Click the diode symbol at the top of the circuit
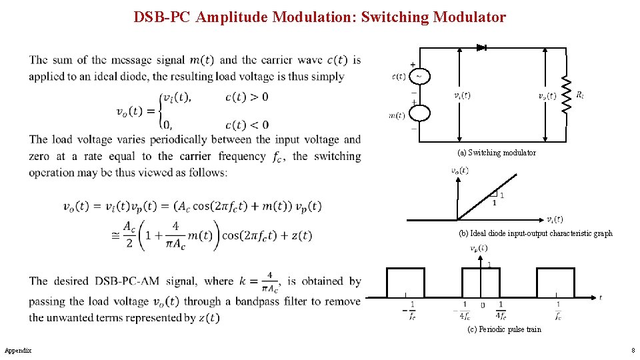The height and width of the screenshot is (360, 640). [x=481, y=48]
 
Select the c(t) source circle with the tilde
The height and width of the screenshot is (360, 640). [x=419, y=76]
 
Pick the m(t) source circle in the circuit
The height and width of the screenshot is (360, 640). [x=419, y=113]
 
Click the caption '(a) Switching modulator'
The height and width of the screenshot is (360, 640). [x=496, y=153]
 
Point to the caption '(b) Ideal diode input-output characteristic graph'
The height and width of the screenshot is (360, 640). [x=535, y=233]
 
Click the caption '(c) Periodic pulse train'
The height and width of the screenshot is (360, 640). [x=505, y=329]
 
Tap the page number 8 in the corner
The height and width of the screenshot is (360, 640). [x=633, y=350]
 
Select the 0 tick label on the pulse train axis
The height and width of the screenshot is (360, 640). [x=483, y=305]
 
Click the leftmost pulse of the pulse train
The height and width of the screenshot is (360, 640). [x=405, y=282]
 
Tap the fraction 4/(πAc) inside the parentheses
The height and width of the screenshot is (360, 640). [x=175, y=235]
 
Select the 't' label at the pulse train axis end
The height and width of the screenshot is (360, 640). [x=600, y=297]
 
